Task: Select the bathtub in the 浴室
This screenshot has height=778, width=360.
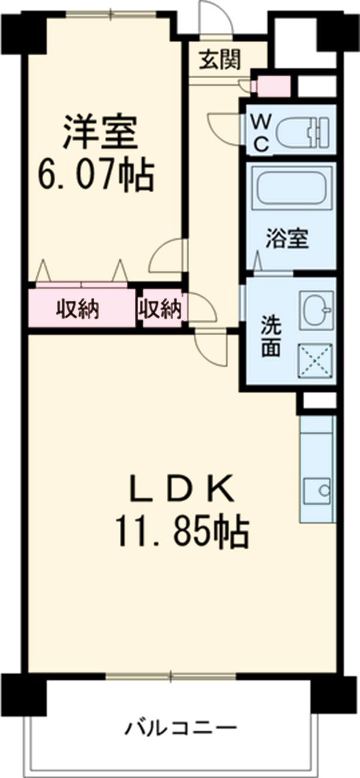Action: pos(292,188)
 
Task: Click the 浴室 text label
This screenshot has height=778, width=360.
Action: pos(287,239)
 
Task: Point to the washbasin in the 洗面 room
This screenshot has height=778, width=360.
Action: pos(316,310)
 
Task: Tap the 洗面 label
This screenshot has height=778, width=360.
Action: pos(270,337)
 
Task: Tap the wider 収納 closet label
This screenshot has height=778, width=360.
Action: pos(78,310)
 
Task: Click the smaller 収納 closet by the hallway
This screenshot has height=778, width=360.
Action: pos(160,309)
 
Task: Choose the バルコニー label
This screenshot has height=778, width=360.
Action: pos(181,728)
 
